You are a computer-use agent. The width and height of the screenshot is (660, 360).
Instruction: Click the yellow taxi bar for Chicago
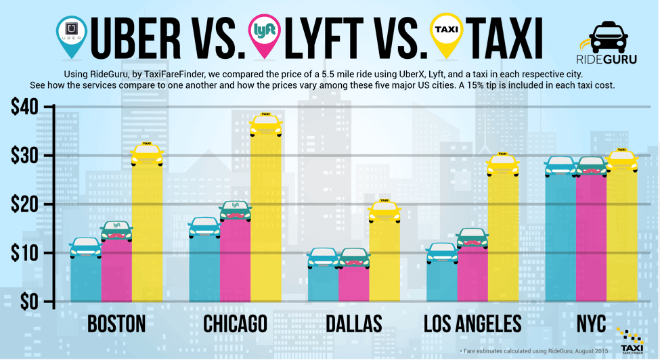coord(265,217)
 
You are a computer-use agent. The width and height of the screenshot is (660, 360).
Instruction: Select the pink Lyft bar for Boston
coord(116,271)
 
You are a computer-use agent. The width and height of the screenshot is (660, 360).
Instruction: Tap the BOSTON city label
coord(116,324)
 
